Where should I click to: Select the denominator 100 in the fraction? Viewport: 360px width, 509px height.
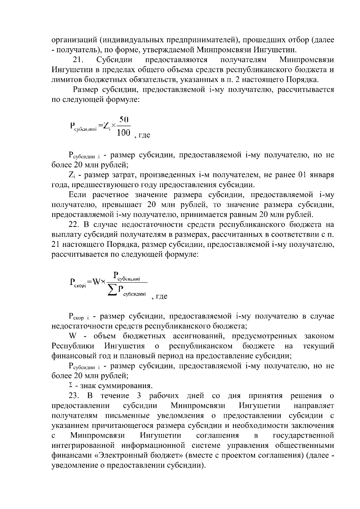(123, 132)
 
